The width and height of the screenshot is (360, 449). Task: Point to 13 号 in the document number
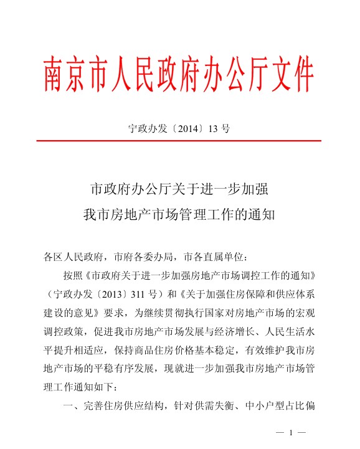[220, 129]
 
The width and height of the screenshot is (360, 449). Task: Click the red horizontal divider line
[179, 141]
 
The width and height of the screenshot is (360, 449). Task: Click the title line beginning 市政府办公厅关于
[179, 188]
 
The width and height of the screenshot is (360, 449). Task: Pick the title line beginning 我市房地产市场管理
[179, 214]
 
